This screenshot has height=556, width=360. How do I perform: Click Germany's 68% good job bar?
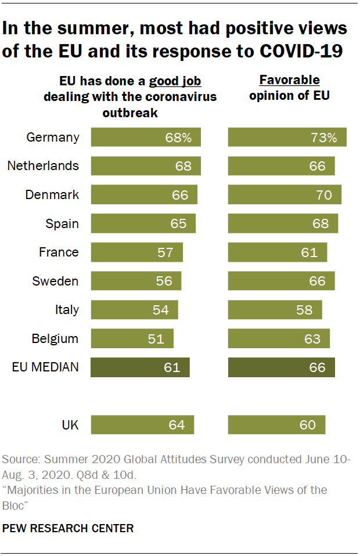tap(145, 138)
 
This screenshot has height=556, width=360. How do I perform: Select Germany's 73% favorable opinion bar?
tap(287, 138)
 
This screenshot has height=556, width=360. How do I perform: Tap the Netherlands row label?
tap(43, 166)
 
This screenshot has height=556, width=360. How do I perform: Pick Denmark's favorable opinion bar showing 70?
tap(285, 195)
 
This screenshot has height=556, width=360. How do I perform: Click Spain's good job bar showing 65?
tap(143, 223)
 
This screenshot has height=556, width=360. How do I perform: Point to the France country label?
tap(59, 252)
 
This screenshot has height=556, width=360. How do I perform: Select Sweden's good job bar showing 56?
tap(136, 281)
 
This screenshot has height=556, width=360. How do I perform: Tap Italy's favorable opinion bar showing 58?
tap(275, 310)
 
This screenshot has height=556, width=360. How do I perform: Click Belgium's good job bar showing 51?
tap(132, 338)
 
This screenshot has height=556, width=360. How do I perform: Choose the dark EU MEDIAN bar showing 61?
tap(140, 367)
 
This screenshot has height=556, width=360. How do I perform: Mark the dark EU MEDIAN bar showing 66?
tap(282, 367)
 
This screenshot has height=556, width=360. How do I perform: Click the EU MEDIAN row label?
tap(45, 367)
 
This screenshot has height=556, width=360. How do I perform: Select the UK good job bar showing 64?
tap(142, 425)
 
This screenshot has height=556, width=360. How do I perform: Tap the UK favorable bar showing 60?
tap(276, 425)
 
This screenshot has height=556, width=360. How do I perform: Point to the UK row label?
tap(70, 425)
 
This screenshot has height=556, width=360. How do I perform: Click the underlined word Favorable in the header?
tap(289, 80)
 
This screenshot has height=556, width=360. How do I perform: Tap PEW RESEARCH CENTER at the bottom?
tap(69, 528)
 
